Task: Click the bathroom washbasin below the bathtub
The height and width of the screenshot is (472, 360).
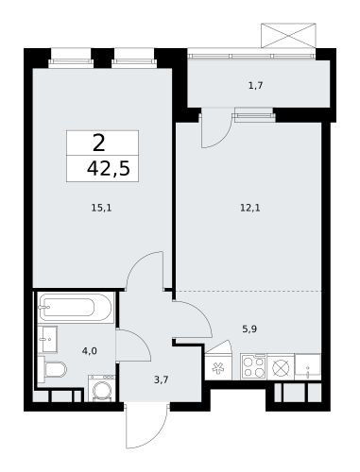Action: pos(48,338)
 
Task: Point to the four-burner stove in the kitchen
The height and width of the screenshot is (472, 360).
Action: pos(252,366)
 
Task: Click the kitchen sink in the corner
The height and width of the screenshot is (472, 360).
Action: pos(308,366)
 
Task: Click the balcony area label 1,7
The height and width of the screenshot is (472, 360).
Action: pos(254,86)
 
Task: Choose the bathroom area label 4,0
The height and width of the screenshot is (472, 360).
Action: pos(90,350)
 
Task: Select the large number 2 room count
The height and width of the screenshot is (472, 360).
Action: pos(98,143)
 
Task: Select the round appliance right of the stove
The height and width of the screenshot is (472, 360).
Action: pos(281,366)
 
